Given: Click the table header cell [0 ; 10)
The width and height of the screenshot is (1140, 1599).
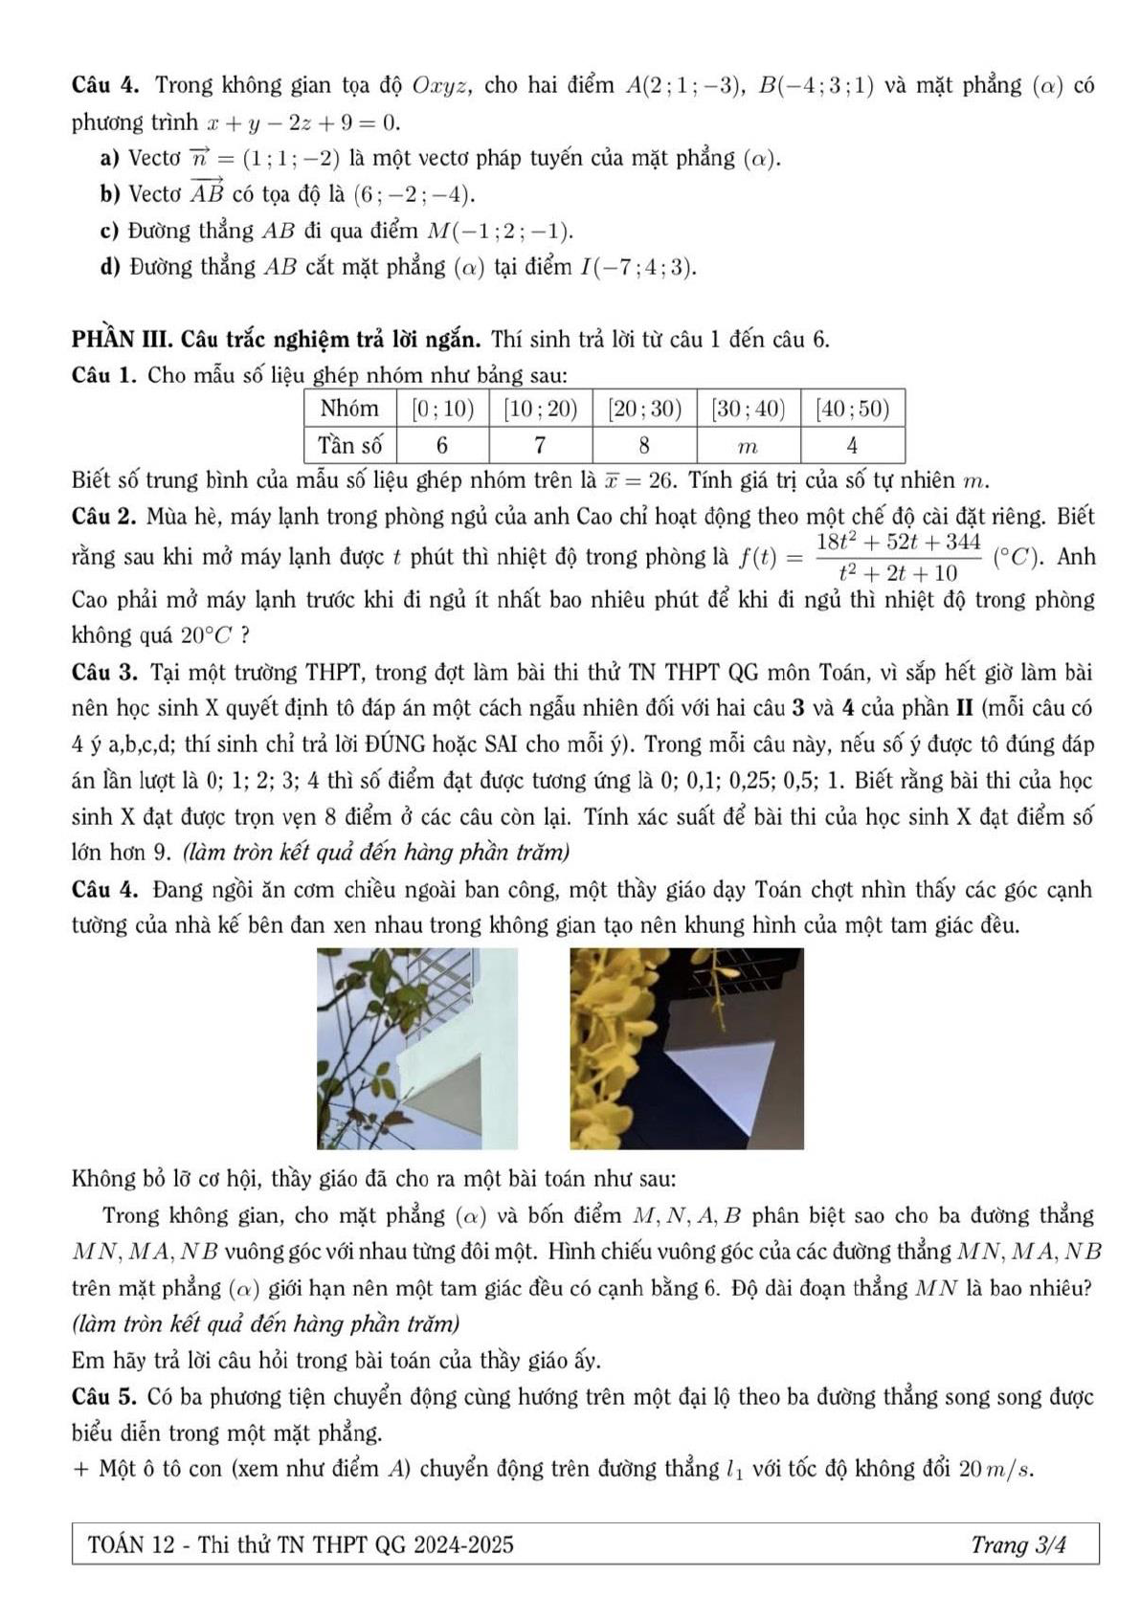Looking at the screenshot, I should [x=443, y=410].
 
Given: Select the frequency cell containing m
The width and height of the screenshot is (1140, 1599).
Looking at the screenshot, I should [x=749, y=446].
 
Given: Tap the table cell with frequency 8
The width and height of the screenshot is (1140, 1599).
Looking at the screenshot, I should [x=644, y=446].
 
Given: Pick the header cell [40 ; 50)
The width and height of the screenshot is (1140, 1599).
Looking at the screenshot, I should [x=852, y=410].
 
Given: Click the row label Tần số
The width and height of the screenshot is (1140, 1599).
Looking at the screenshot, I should [x=349, y=446].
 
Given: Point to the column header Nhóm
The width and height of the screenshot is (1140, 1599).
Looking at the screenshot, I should [x=349, y=410].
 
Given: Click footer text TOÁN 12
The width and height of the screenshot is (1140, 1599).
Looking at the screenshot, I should [x=123, y=1544].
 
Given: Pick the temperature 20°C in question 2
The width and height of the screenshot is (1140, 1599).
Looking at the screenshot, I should [x=207, y=634].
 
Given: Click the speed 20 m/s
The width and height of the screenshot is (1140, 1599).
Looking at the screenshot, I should [x=995, y=1469].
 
